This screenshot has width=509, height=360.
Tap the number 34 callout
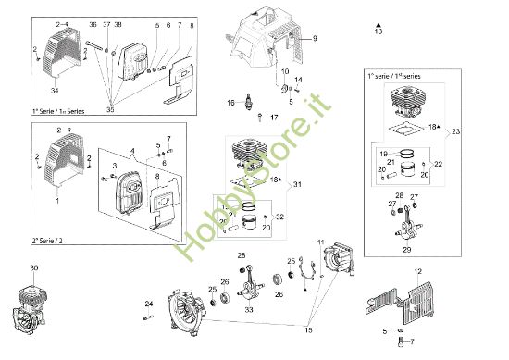point(54,91)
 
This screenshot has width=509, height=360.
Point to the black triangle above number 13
point(379,21)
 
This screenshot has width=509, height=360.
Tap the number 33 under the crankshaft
point(249,311)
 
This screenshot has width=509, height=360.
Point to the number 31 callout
point(297,185)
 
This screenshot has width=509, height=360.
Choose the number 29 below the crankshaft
point(405,249)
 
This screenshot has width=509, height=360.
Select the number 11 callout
point(322,242)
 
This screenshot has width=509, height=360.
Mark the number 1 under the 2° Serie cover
point(58,199)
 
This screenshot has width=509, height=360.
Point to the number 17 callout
point(274,117)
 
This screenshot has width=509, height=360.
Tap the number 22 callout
point(438,164)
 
